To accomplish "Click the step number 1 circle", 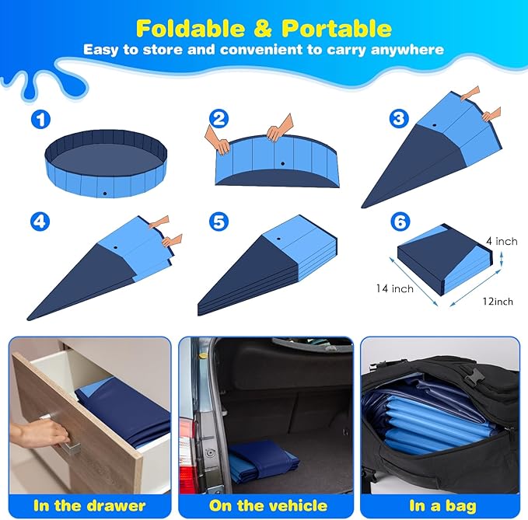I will (39, 120).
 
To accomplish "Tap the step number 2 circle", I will (219, 119).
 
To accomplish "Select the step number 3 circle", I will (400, 119).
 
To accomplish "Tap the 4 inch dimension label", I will (501, 242).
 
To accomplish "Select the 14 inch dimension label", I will (392, 288).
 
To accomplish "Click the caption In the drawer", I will (89, 506).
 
